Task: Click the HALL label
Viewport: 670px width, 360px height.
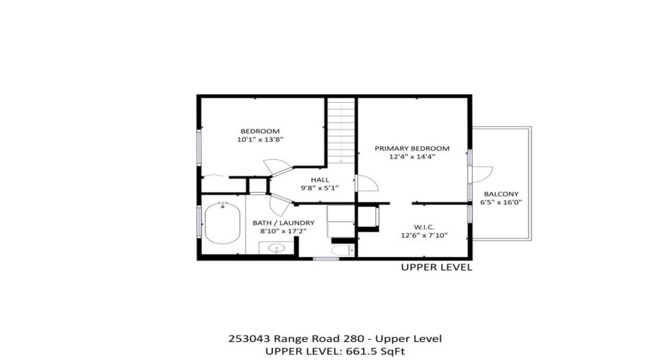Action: [320, 179]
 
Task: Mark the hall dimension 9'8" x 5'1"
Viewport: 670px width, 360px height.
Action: [320, 188]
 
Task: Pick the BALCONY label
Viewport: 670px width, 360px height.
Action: [501, 194]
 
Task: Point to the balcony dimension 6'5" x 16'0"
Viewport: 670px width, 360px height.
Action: [501, 203]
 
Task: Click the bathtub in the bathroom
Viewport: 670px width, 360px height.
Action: [222, 222]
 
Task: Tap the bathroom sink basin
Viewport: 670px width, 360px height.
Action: [276, 249]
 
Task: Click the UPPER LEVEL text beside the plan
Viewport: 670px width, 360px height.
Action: [436, 267]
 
